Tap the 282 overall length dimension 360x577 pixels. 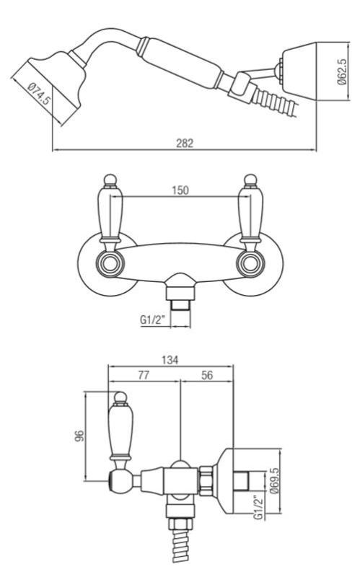(185, 144)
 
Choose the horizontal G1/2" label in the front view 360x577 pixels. (154, 317)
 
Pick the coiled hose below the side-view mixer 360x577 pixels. (177, 548)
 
